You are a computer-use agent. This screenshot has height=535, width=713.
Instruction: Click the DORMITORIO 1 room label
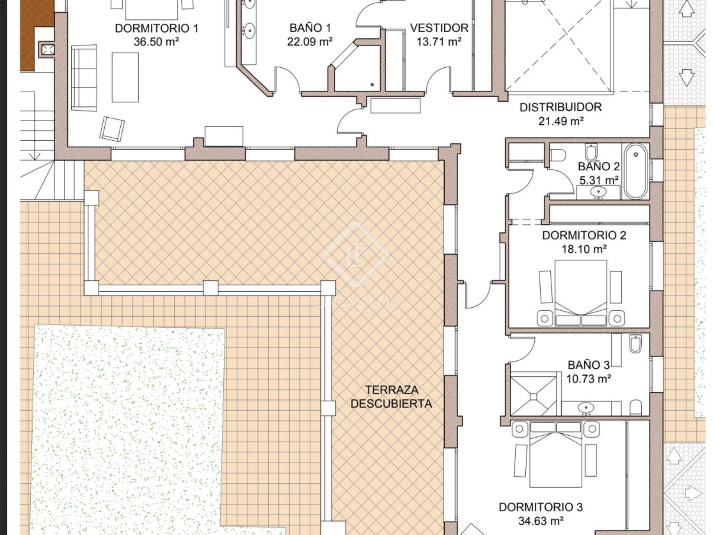click(156, 28)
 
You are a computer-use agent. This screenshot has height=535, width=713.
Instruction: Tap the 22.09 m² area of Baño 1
click(310, 41)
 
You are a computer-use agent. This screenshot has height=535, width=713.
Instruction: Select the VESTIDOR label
click(439, 28)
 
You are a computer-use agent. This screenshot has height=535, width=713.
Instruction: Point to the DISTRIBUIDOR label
click(561, 107)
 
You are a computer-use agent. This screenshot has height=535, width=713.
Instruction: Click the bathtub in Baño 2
click(636, 171)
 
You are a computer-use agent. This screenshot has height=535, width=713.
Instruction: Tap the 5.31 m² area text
click(598, 180)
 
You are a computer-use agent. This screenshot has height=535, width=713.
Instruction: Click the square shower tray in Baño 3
click(534, 396)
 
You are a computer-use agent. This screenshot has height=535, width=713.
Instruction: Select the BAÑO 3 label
click(589, 365)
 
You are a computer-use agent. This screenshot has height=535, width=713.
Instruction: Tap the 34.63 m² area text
click(541, 521)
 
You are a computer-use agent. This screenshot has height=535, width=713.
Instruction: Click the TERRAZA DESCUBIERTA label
click(391, 397)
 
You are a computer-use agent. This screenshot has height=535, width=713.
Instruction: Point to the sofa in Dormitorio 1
click(84, 78)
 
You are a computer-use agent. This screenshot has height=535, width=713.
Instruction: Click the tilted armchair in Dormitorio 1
click(112, 129)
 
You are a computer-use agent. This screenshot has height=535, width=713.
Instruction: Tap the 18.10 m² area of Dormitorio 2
click(584, 249)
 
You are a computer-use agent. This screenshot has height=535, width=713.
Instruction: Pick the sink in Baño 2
click(598, 192)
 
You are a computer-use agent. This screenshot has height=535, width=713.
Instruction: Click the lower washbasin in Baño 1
click(249, 31)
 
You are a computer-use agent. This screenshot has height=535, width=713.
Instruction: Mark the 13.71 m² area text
click(439, 41)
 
